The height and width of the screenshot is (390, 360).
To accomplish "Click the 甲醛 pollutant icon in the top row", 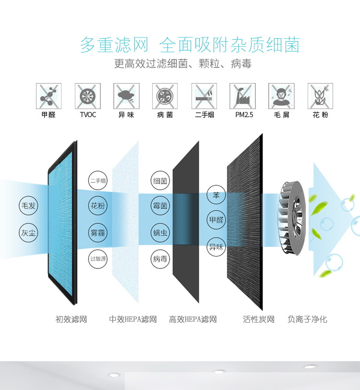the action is click(x=48, y=96).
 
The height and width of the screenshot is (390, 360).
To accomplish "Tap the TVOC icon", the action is click(x=87, y=96).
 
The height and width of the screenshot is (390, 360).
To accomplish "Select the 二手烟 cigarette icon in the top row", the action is click(x=204, y=96).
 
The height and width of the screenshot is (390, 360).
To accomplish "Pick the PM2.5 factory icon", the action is click(x=243, y=96).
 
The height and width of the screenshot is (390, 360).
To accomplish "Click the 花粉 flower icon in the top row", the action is click(x=320, y=96).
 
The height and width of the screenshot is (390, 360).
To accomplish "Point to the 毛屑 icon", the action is click(x=281, y=96).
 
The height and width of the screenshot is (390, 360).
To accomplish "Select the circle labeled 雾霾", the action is click(x=98, y=233).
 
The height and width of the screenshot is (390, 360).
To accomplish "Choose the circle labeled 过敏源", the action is click(x=98, y=258).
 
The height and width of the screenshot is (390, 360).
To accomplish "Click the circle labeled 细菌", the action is click(x=160, y=181).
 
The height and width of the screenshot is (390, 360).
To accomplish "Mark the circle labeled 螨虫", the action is click(x=160, y=233).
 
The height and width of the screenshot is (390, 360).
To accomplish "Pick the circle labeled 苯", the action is click(x=216, y=195).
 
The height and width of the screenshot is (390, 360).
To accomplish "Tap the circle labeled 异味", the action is click(x=216, y=247).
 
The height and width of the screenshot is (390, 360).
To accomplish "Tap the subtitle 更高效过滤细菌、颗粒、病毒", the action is click(x=183, y=64).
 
